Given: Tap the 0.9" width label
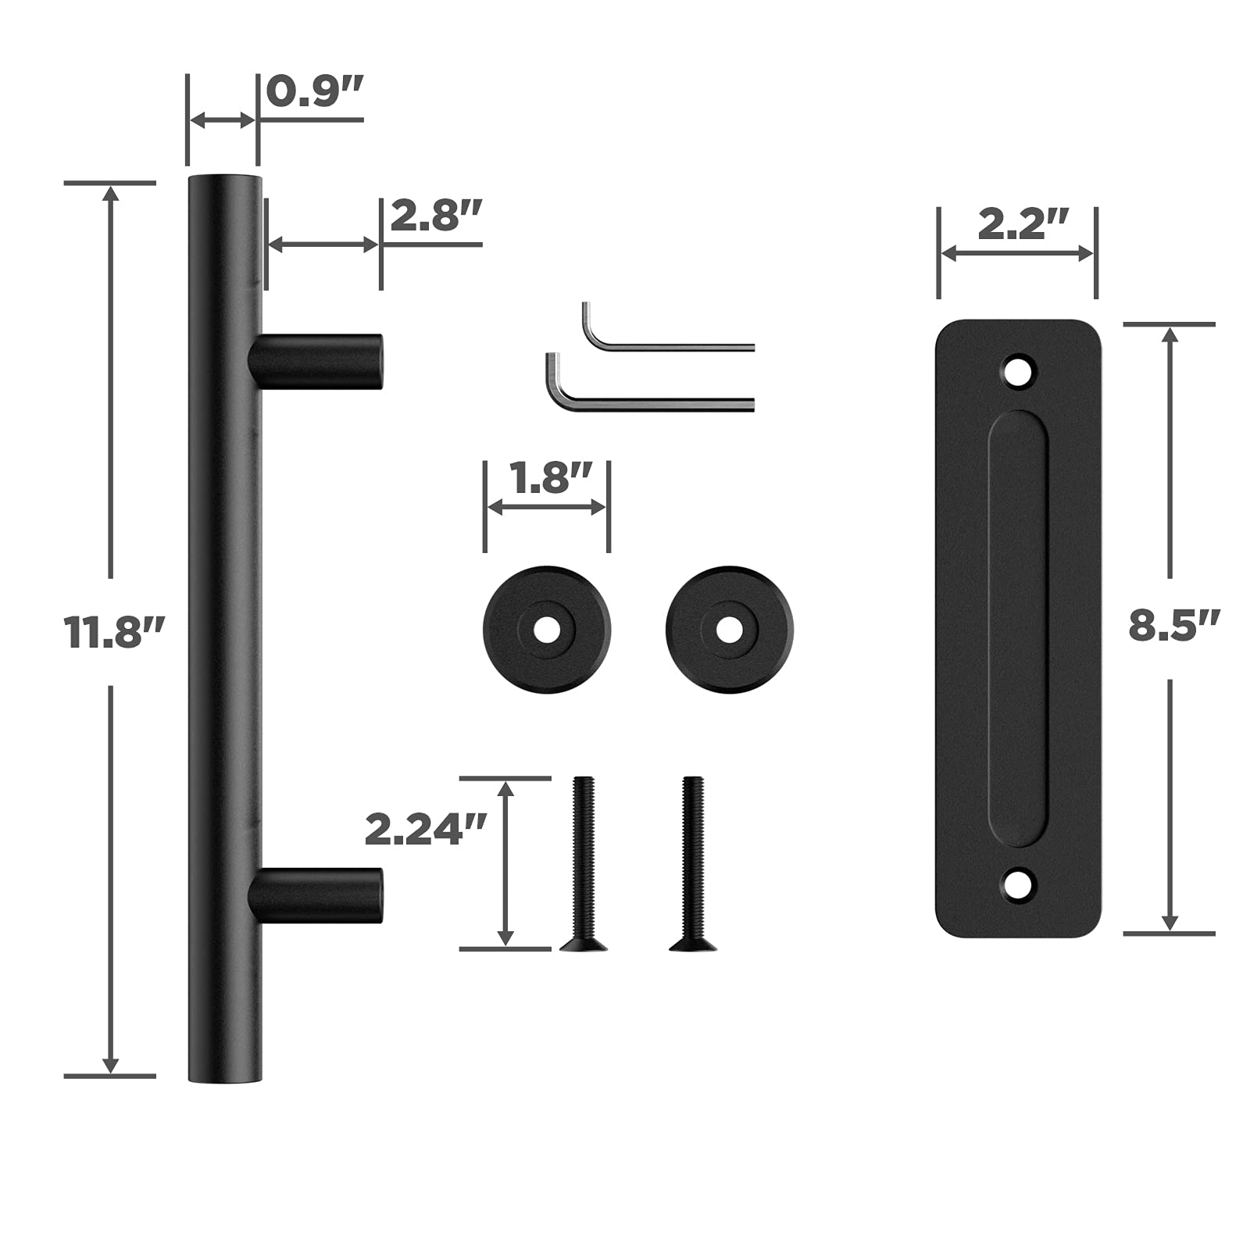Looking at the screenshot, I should pos(315,92).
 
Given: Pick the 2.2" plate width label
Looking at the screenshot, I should pos(1022,225).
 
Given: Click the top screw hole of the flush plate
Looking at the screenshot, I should pos(1017,370).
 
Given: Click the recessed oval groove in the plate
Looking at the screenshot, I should pos(1017,629).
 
